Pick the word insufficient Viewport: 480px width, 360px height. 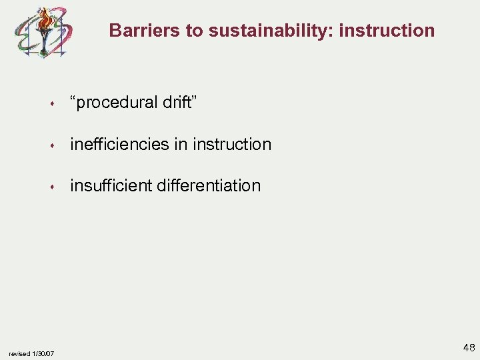coord(111,185)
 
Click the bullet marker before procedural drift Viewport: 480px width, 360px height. coord(51,104)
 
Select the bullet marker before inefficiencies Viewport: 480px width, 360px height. coord(51,145)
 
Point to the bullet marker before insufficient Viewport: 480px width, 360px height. coord(51,187)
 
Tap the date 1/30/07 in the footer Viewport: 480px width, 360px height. coord(43,353)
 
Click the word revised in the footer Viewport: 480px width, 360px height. coord(19,353)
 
